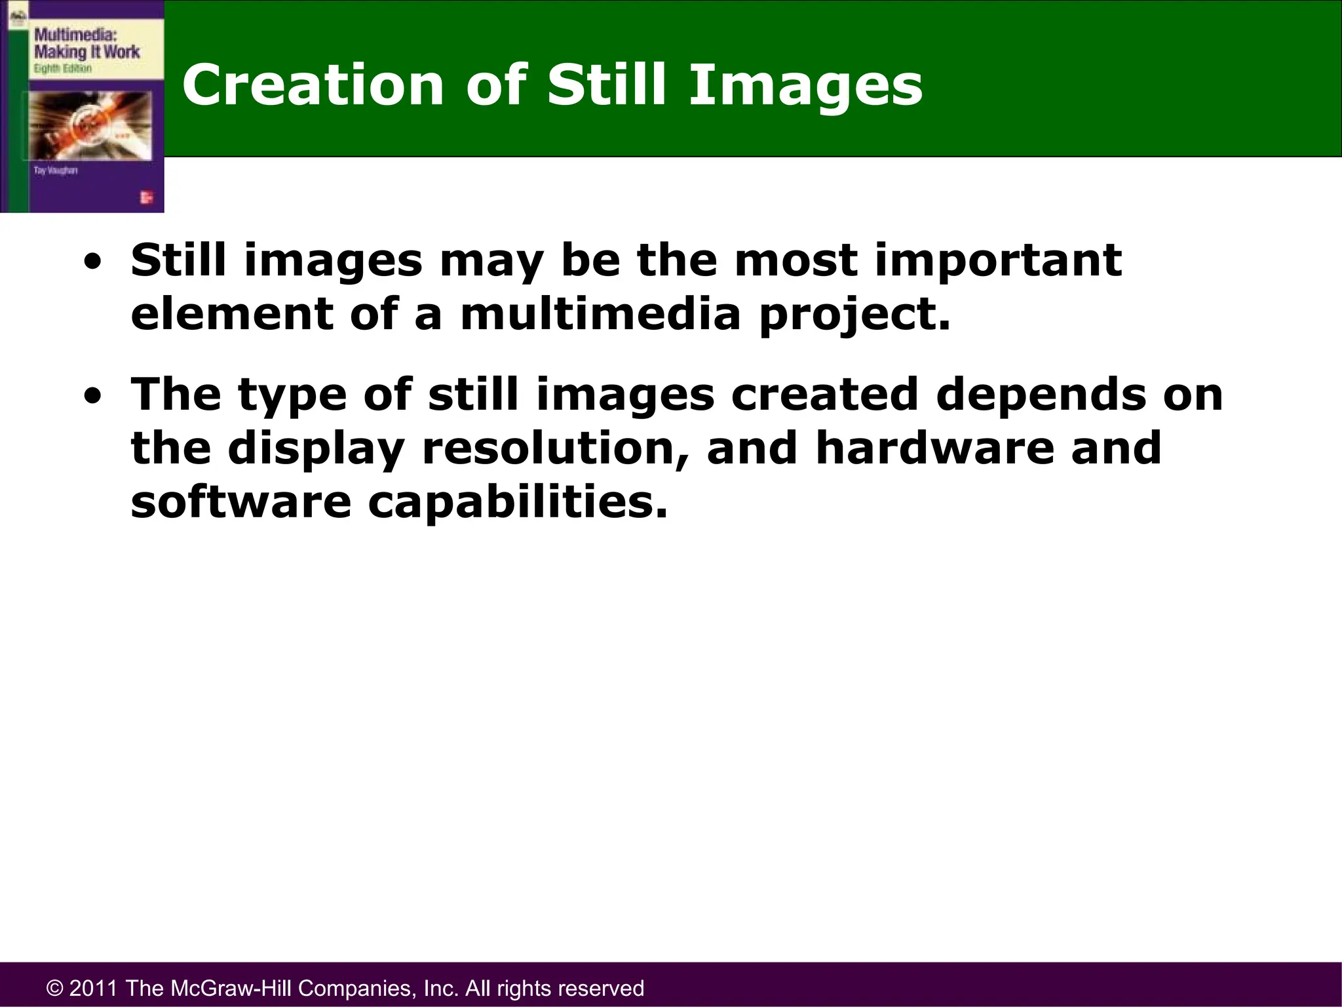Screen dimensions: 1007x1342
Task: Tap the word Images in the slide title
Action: point(805,85)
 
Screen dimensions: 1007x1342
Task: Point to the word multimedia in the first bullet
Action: point(600,315)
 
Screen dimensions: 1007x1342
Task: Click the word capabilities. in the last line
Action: point(518,503)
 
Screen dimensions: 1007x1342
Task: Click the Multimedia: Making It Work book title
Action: point(86,43)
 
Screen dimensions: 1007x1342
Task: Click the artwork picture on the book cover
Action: point(88,125)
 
